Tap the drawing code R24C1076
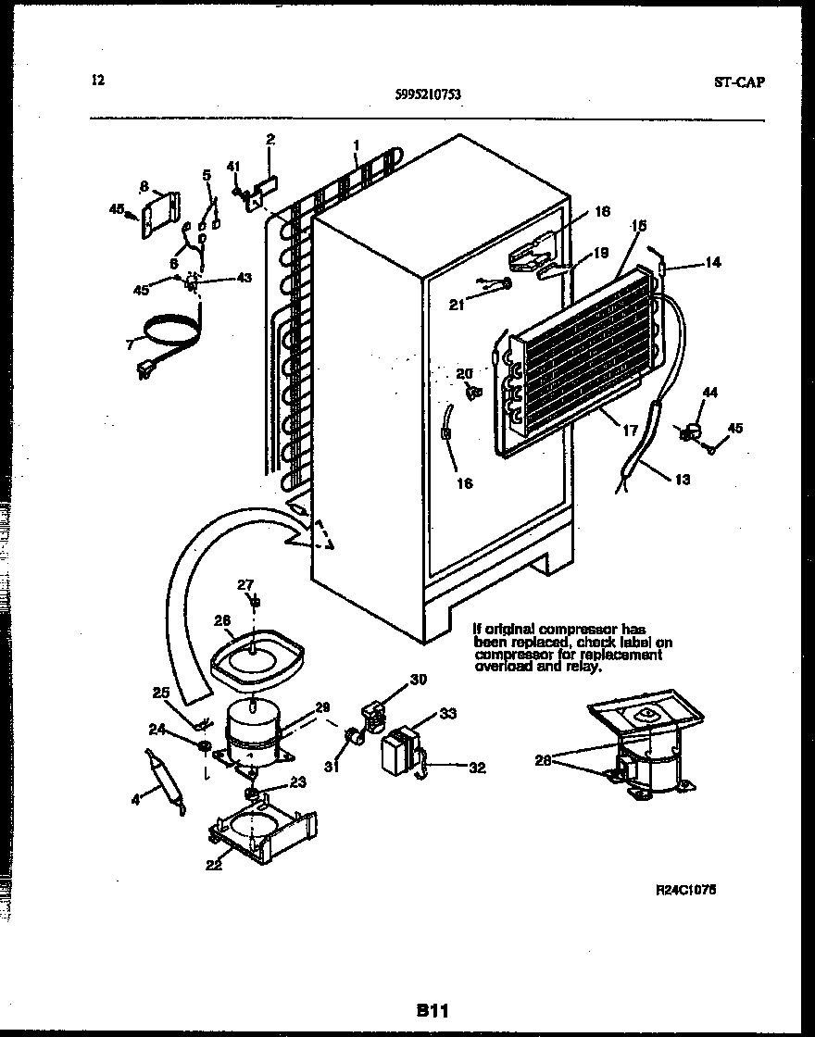[x=685, y=889]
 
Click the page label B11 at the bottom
[x=430, y=1012]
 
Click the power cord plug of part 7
[x=145, y=371]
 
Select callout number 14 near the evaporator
[x=711, y=263]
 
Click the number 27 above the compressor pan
[x=244, y=584]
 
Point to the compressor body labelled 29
[x=251, y=728]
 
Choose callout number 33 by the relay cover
[x=447, y=714]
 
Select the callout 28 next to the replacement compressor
[x=544, y=760]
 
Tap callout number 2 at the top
[x=270, y=141]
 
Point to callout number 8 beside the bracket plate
[x=144, y=187]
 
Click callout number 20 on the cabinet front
[x=464, y=373]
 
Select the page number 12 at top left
[x=98, y=80]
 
